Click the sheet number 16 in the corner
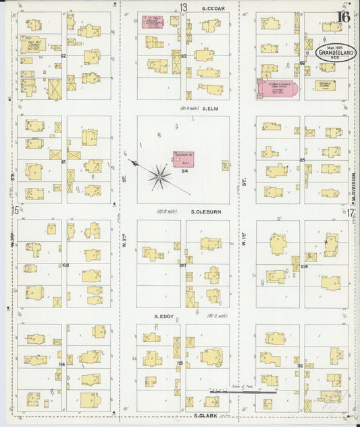click(344, 17)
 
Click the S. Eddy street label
click(165, 316)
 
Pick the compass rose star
click(159, 176)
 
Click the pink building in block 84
click(183, 159)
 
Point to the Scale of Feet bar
click(243, 391)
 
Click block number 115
click(180, 363)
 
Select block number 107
click(182, 265)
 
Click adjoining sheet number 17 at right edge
click(351, 212)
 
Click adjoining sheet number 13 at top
click(183, 7)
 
